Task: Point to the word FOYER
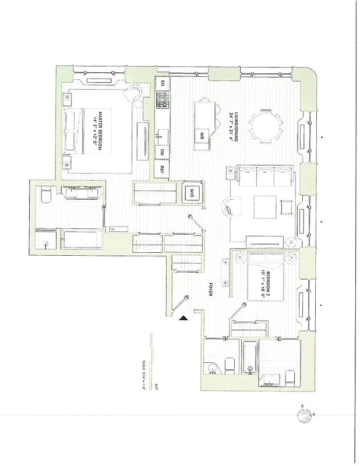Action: tap(210, 290)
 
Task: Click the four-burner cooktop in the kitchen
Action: tap(162, 100)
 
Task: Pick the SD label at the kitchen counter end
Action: tap(162, 84)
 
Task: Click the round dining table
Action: tap(266, 125)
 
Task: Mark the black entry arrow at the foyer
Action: tap(183, 318)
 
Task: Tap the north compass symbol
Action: tap(305, 415)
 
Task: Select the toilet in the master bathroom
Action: tap(45, 198)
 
